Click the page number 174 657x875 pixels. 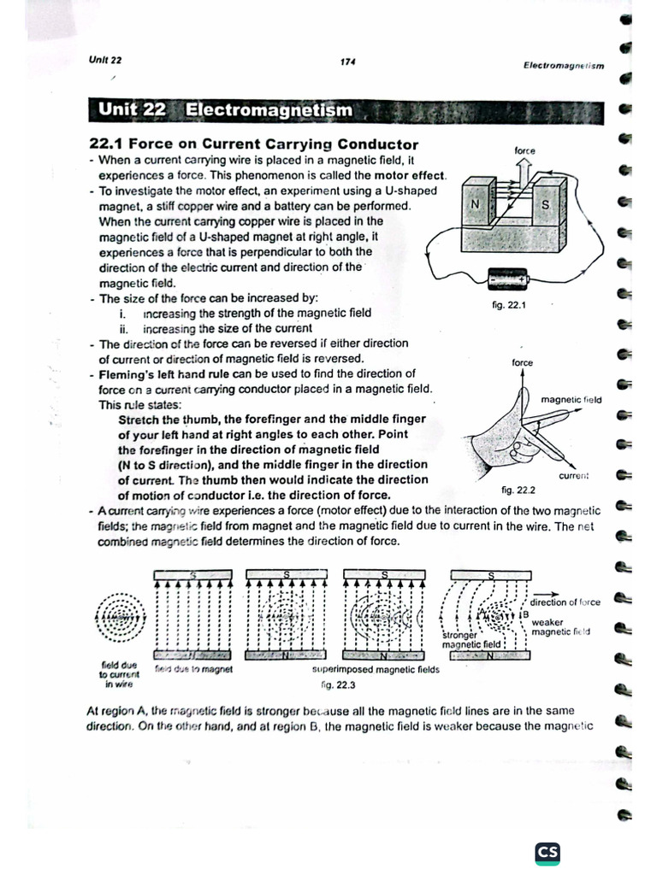point(347,62)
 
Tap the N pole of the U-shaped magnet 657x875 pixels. point(476,206)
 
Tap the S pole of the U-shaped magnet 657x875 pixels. point(545,206)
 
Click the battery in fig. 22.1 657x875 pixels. point(508,279)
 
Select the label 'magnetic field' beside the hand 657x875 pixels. point(571,399)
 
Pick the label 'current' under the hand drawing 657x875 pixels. point(574,475)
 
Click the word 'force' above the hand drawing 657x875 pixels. point(522,362)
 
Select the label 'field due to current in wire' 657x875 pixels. point(117,673)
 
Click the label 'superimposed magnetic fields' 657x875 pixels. point(376,670)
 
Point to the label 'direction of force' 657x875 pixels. point(565,602)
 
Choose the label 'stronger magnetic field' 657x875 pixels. point(471,640)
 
